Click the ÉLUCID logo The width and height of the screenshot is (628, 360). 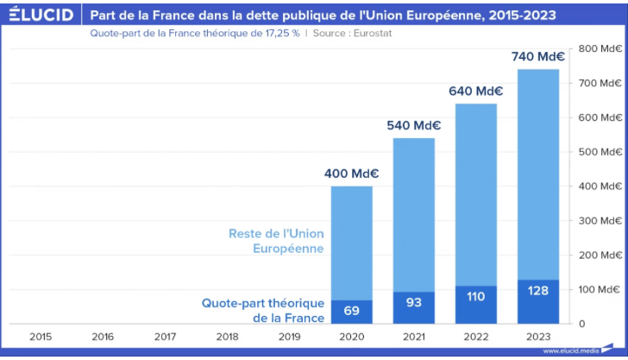pyautogui.click(x=40, y=15)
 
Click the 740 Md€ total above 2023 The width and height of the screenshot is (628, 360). pyautogui.click(x=537, y=57)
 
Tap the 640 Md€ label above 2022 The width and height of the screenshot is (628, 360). pyautogui.click(x=475, y=92)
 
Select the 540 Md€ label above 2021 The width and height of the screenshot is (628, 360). pyautogui.click(x=413, y=126)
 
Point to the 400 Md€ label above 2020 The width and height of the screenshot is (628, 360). pyautogui.click(x=351, y=174)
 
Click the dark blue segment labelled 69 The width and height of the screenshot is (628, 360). pyautogui.click(x=351, y=312)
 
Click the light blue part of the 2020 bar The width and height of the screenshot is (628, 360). pyautogui.click(x=351, y=243)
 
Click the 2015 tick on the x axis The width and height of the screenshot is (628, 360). pyautogui.click(x=41, y=336)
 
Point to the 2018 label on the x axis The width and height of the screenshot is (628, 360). pyautogui.click(x=227, y=336)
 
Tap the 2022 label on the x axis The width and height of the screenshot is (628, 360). pyautogui.click(x=475, y=336)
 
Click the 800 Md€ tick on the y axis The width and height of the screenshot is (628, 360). pyautogui.click(x=600, y=48)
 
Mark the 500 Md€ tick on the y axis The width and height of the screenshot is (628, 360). pyautogui.click(x=600, y=152)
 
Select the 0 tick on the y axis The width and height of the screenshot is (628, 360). pyautogui.click(x=581, y=324)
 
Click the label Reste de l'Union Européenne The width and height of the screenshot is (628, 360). pyautogui.click(x=276, y=241)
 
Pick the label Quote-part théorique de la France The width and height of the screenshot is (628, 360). pyautogui.click(x=263, y=311)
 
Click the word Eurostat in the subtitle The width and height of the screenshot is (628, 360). pyautogui.click(x=375, y=34)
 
